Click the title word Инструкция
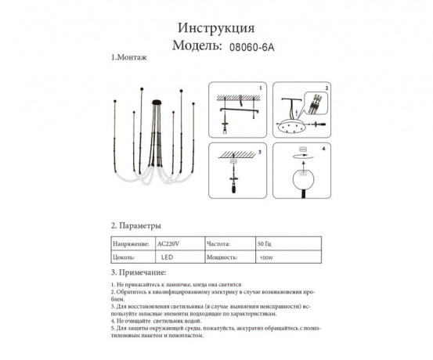click(215, 27)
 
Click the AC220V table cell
click(168, 243)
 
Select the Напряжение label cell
click(131, 243)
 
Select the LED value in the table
click(167, 257)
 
